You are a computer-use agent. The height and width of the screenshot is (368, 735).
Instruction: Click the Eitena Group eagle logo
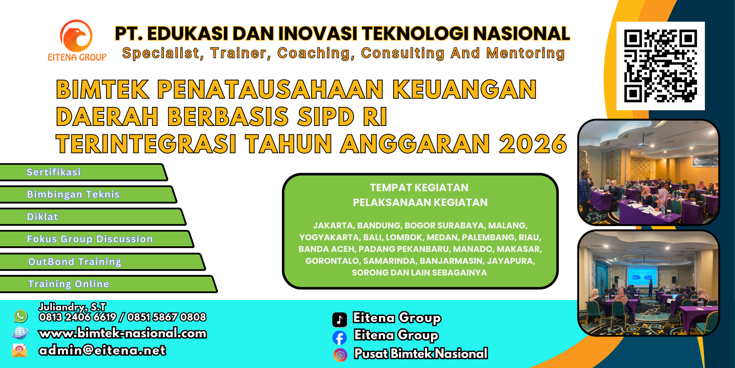76,36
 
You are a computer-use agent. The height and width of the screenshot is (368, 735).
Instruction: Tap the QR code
660,66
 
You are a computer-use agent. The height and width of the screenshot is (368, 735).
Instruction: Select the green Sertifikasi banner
83,172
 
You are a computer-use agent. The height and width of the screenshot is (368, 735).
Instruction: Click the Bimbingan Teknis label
73,194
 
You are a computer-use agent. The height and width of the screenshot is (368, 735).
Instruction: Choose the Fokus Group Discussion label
90,239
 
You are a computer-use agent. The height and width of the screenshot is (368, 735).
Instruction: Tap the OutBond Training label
75,262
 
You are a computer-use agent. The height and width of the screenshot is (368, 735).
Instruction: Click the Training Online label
69,284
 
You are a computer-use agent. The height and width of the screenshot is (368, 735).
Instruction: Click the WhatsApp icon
21,316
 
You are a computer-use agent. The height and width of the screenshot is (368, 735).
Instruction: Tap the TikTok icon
340,319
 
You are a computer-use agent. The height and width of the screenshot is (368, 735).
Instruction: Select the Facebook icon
340,338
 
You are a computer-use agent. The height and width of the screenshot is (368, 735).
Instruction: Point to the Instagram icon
340,355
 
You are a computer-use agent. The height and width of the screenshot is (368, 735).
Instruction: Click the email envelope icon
20,350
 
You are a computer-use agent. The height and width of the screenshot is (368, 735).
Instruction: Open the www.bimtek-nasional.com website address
123,333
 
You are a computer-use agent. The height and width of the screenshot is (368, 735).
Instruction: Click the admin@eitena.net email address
102,350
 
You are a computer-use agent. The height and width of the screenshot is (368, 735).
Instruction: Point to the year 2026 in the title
533,144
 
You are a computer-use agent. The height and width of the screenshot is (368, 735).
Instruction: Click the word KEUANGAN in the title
464,89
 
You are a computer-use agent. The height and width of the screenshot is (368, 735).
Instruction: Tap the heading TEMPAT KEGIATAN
419,188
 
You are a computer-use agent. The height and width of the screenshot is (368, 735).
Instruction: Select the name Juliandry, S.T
72,307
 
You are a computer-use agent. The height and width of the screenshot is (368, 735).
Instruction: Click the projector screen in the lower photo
642,276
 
